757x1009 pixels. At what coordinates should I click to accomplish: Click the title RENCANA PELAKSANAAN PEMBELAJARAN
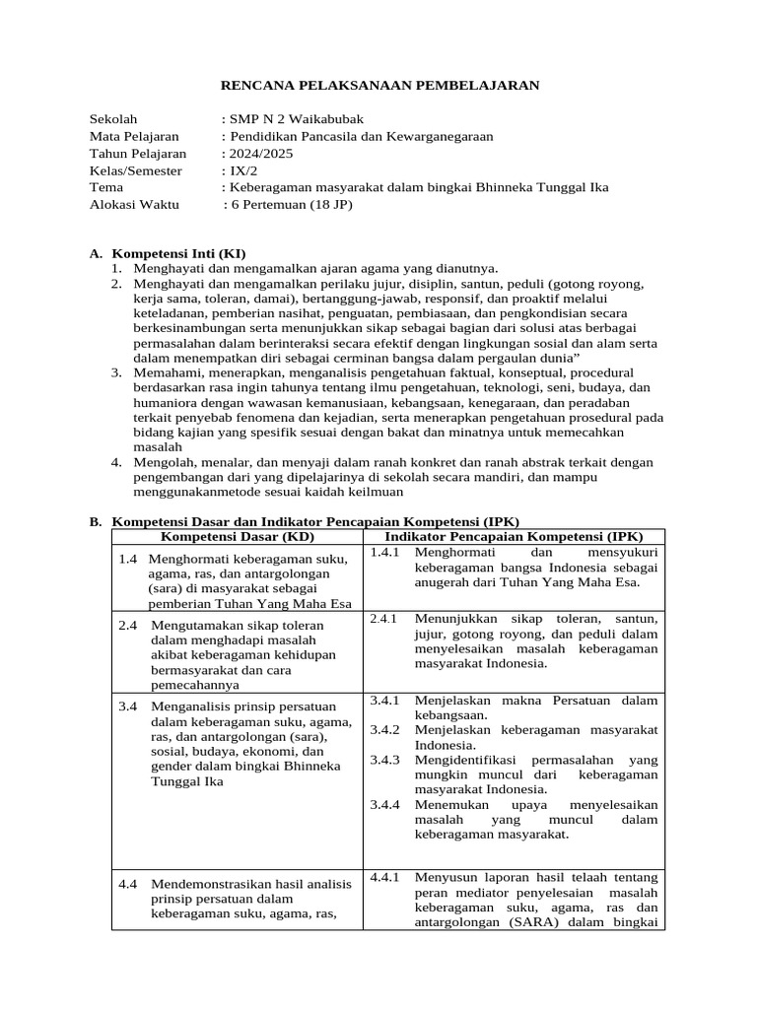(378, 86)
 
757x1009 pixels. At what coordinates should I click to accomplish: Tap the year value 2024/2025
(261, 153)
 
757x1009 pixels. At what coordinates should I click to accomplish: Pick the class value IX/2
(243, 169)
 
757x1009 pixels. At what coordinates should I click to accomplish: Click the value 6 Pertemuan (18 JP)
(290, 204)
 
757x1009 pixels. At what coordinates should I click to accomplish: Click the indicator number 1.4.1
(385, 552)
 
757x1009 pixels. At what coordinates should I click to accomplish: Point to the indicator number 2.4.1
(383, 619)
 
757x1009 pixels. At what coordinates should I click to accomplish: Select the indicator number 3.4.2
(385, 730)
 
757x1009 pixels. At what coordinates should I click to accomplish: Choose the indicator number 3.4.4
(385, 804)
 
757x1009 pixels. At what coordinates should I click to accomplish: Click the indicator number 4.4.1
(385, 877)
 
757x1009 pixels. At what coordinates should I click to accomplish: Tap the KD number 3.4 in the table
(128, 706)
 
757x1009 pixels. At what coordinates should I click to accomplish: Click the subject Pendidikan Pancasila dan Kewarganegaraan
(361, 136)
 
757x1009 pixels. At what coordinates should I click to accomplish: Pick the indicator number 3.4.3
(385, 760)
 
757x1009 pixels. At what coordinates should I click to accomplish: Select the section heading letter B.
(96, 521)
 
